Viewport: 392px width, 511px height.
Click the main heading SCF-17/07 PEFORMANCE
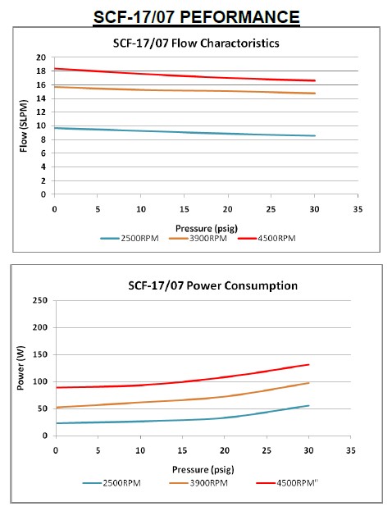coord(195,15)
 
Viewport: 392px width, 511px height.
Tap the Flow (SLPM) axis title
coord(25,128)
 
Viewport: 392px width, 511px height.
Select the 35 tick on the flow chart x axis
coord(358,207)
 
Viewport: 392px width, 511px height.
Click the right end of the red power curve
coord(309,364)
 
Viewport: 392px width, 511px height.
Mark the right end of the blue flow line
coord(315,136)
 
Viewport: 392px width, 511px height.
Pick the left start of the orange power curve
coord(55,408)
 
